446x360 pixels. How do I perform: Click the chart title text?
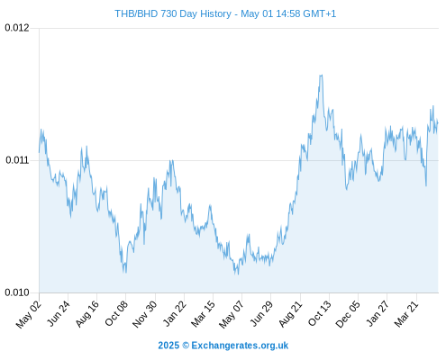[x=225, y=13]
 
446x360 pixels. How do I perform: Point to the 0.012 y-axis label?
[x=17, y=28]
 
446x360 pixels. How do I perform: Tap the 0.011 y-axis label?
[x=17, y=160]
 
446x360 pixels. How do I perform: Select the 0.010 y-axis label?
[x=17, y=292]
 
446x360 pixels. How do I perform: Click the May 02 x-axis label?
[x=29, y=314]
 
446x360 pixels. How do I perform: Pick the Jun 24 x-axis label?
[x=59, y=313]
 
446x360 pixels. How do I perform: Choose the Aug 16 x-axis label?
[x=87, y=313]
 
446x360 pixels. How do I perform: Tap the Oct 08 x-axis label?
[x=116, y=313]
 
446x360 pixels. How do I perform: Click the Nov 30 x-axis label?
[x=145, y=314]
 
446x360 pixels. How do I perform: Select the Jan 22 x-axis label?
[x=175, y=313]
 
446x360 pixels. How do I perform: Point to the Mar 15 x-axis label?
[x=204, y=313]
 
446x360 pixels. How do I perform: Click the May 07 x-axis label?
[x=232, y=314]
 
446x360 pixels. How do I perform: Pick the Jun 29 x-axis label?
[x=261, y=313]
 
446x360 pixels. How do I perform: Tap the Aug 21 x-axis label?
[x=290, y=313]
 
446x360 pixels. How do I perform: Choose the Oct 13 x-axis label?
[x=320, y=313]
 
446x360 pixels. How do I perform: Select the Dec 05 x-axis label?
[x=348, y=314]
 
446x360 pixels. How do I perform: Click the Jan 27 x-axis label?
[x=378, y=313]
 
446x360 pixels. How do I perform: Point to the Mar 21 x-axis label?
[x=406, y=313]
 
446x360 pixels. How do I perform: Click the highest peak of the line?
[x=321, y=75]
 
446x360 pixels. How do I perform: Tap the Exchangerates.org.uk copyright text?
[x=223, y=346]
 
